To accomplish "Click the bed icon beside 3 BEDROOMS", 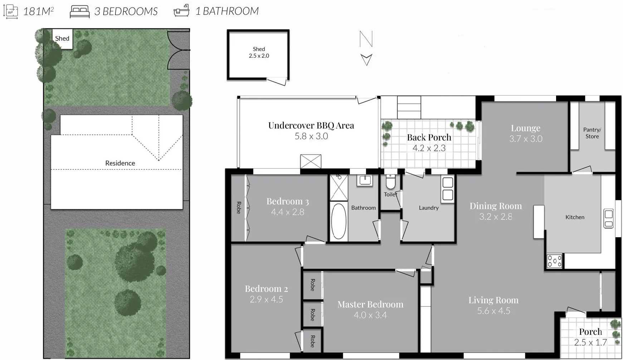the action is [x=79, y=11].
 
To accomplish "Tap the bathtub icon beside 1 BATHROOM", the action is [x=181, y=11].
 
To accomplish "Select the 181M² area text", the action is [x=38, y=11].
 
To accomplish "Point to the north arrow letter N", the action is [x=366, y=39].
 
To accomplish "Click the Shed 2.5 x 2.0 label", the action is [x=259, y=52].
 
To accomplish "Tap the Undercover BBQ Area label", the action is [x=311, y=126].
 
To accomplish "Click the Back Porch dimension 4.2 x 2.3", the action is [x=429, y=148].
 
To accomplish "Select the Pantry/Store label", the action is [x=592, y=133].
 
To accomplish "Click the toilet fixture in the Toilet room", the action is [x=390, y=182].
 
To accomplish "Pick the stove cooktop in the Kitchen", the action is [x=554, y=261].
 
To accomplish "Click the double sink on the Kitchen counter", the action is [x=608, y=219].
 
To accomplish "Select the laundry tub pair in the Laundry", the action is [x=448, y=189].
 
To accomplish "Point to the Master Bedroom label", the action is [x=370, y=305].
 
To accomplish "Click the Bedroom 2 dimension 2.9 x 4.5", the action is [x=266, y=300].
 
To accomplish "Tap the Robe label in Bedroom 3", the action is [x=238, y=208].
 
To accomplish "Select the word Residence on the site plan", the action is [x=120, y=163].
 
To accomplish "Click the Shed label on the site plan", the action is [x=62, y=39].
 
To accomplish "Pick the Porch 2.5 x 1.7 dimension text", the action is [x=590, y=342].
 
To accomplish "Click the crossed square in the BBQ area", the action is [x=311, y=161].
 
